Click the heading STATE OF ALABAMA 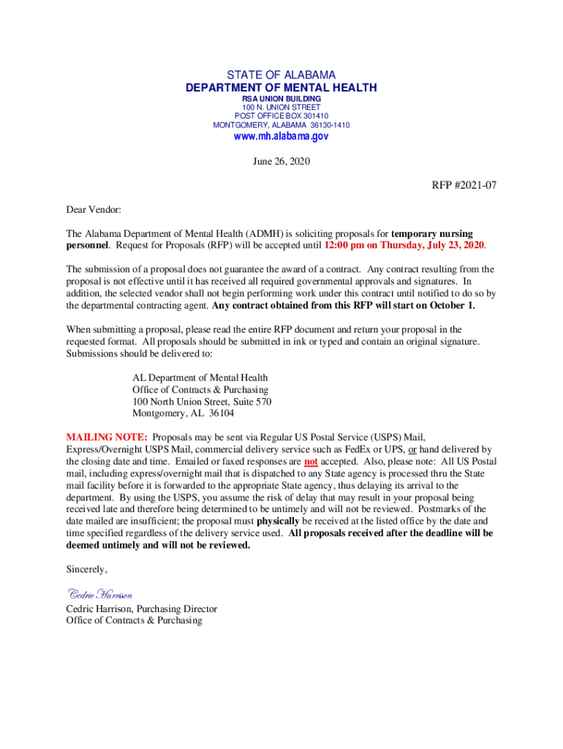281,75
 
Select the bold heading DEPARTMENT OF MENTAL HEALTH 281,88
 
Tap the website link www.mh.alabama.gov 281,137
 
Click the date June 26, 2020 281,162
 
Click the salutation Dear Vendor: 94,209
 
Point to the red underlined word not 311,462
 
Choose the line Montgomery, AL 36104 184,413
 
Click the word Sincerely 86,569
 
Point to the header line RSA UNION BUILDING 281,99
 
